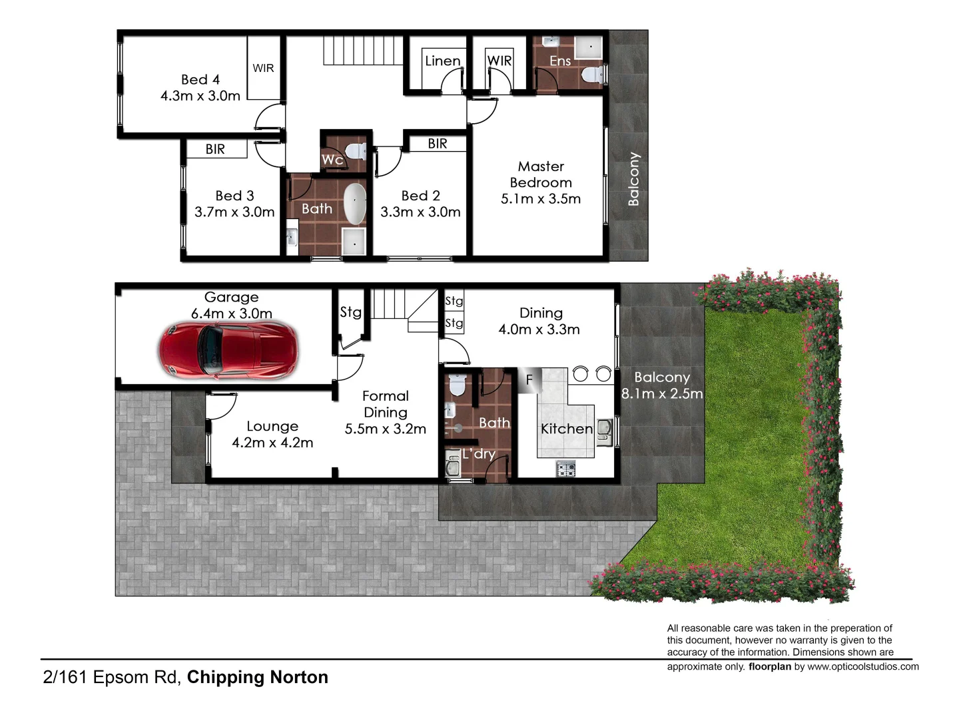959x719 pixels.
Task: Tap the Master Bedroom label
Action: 541,174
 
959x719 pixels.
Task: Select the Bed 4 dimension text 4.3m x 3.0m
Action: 200,96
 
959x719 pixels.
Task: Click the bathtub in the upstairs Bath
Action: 355,204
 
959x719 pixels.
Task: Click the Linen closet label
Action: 442,61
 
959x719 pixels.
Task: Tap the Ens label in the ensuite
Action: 560,61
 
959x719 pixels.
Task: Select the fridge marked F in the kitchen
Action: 529,380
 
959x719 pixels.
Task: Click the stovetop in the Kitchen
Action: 566,470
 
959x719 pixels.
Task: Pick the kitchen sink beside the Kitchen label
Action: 605,431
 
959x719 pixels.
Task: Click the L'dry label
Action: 479,454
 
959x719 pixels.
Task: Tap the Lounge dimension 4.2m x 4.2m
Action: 272,443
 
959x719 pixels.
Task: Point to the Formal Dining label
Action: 386,404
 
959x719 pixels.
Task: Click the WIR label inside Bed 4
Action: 263,68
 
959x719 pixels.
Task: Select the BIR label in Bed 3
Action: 215,149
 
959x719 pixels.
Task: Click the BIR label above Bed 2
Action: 438,144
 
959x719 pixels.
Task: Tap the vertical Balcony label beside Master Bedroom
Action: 633,178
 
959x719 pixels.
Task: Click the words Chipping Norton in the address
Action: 258,678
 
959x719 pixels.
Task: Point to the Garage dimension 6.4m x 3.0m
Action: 231,314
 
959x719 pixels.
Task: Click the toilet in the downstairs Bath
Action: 457,385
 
